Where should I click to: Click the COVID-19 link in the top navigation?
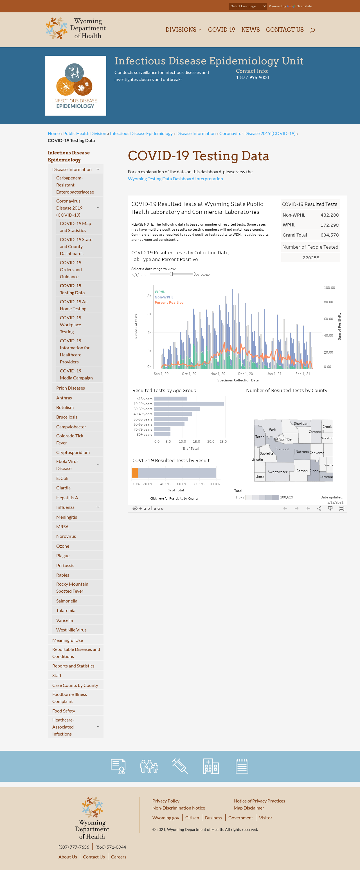221,30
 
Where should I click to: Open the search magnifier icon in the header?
312,30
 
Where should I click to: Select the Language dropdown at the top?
248,6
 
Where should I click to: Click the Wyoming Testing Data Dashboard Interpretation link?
175,179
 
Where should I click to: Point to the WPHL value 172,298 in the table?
329,225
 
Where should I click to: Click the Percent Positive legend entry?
169,303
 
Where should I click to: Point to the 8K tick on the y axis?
149,296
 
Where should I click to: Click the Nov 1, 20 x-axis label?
217,374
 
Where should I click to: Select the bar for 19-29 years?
189,404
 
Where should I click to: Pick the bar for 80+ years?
162,434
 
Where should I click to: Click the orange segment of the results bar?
134,473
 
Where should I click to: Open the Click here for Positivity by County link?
174,498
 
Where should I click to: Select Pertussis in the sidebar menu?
65,565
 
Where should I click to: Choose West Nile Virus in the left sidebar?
71,630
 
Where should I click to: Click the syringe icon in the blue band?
180,766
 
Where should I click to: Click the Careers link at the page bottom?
118,857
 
